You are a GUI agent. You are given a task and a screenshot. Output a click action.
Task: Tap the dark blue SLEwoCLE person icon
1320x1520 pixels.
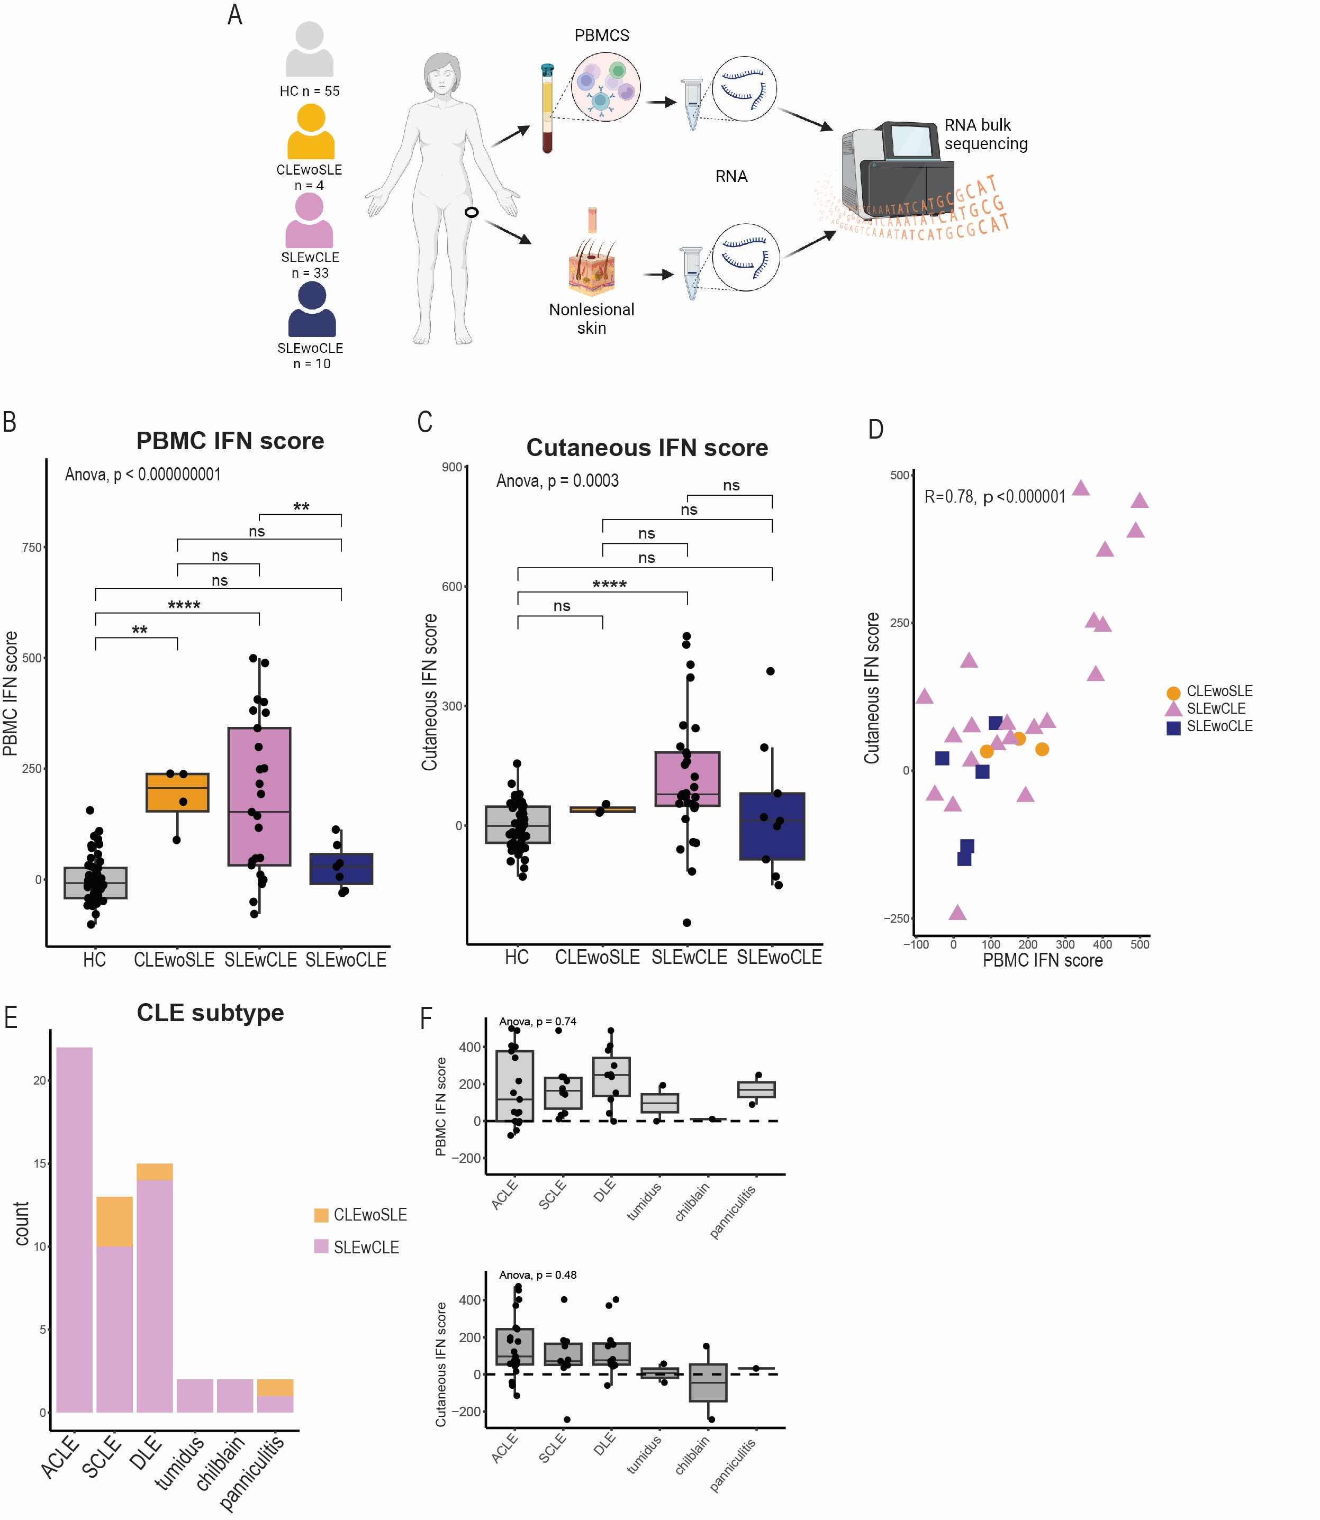312,310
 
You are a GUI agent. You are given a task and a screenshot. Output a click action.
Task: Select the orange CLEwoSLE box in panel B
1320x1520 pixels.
177,793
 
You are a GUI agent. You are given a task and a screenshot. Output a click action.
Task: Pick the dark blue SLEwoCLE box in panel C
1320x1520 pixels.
772,826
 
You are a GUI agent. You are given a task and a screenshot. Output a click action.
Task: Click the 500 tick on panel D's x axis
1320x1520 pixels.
1140,944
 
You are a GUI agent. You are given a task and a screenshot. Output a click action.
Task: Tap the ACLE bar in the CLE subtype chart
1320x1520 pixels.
75,1230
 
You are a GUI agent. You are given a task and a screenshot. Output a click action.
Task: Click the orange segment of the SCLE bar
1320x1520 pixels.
114,1222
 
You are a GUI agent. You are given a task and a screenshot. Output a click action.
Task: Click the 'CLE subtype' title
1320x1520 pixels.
210,1013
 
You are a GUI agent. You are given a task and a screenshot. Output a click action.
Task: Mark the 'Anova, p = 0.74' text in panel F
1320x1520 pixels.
538,1022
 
